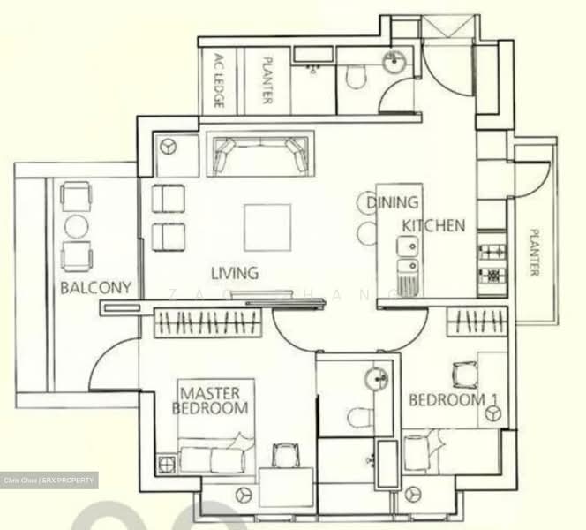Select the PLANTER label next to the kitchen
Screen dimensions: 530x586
pos(533,253)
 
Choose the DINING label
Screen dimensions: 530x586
pos(393,203)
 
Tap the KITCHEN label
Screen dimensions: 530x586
pos(433,226)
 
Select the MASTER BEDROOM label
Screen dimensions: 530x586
pos(213,400)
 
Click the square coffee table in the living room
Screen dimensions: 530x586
pos(267,227)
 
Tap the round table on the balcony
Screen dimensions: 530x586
pos(77,227)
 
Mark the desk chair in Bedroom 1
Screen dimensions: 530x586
pos(464,375)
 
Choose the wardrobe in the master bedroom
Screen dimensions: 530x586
pos(209,324)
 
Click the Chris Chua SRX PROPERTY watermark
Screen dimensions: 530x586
pos(49,481)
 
